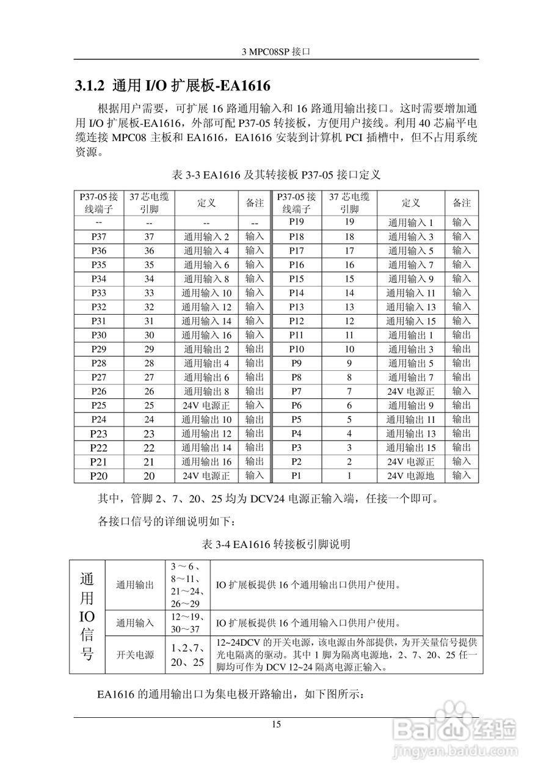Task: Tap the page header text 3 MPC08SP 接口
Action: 277,53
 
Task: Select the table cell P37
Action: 99,236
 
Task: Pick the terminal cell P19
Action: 296,222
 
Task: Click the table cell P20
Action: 99,475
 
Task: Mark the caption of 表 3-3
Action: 277,175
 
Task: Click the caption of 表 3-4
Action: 276,543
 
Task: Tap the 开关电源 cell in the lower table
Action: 135,654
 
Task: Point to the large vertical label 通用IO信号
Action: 87,616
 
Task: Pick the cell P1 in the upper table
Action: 296,475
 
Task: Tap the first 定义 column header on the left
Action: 206,202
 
